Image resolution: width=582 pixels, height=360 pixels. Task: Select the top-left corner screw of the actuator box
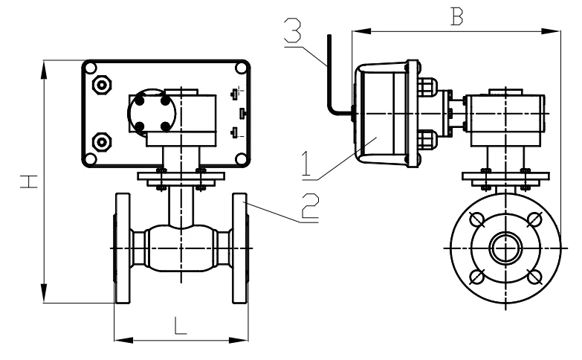pos(90,68)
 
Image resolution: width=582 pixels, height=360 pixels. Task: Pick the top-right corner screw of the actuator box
pos(240,68)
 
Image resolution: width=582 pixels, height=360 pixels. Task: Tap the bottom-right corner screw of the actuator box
pos(240,158)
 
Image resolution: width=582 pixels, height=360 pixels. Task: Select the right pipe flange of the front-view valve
pos(239,247)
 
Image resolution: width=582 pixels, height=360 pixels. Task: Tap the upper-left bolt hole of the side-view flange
pos(479,220)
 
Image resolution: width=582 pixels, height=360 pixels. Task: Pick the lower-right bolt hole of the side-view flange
pos(532,275)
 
